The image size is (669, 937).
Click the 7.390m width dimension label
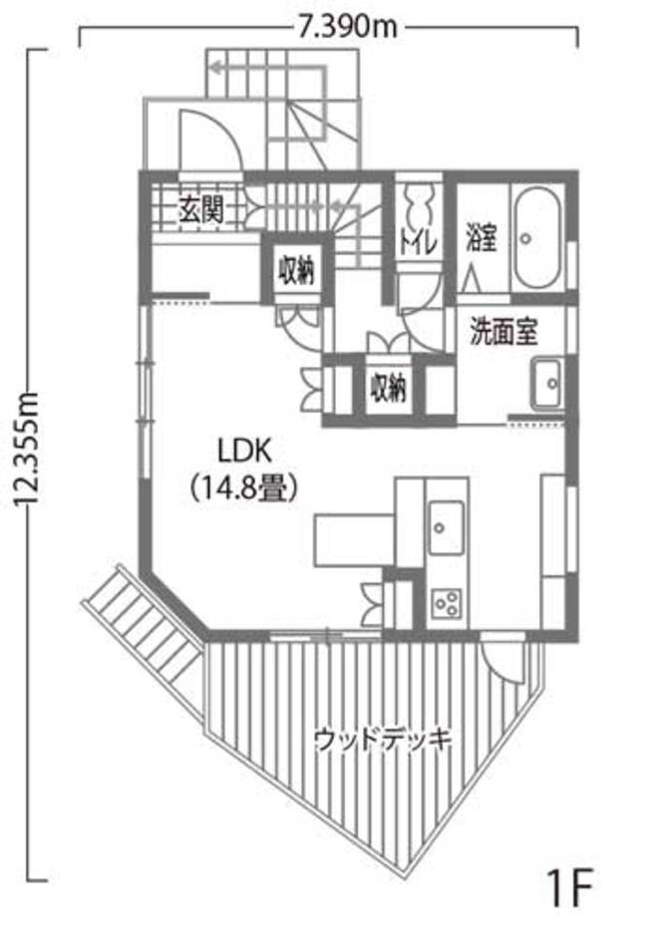pyautogui.click(x=347, y=27)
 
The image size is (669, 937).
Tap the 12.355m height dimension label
pyautogui.click(x=28, y=450)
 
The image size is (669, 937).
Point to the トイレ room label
pyautogui.click(x=419, y=243)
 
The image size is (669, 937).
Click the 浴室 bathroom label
pyautogui.click(x=482, y=238)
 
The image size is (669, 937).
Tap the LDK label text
pyautogui.click(x=244, y=452)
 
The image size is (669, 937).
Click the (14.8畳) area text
pyautogui.click(x=244, y=488)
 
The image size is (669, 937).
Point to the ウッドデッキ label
pyautogui.click(x=383, y=740)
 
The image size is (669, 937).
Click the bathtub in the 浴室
pyautogui.click(x=537, y=238)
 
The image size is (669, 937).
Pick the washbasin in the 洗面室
pyautogui.click(x=547, y=384)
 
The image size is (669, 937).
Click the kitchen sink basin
pyautogui.click(x=446, y=527)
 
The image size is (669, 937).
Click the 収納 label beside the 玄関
pyautogui.click(x=296, y=270)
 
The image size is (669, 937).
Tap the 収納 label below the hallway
pyautogui.click(x=388, y=388)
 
